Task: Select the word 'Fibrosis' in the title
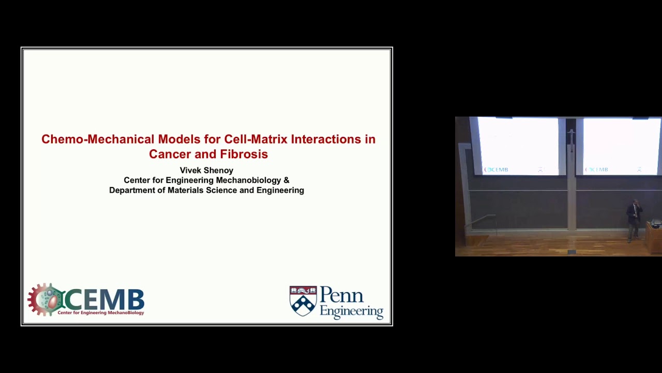[244, 154]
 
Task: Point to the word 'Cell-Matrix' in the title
[255, 139]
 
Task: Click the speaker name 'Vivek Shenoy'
[206, 170]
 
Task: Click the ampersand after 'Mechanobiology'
[286, 180]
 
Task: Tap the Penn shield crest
[303, 301]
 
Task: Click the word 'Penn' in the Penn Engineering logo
[342, 296]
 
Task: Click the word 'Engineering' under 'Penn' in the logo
[352, 311]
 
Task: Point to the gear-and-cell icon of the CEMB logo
[46, 299]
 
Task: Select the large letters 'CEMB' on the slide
[105, 299]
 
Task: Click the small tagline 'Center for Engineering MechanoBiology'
[101, 313]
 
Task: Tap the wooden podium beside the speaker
[654, 238]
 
